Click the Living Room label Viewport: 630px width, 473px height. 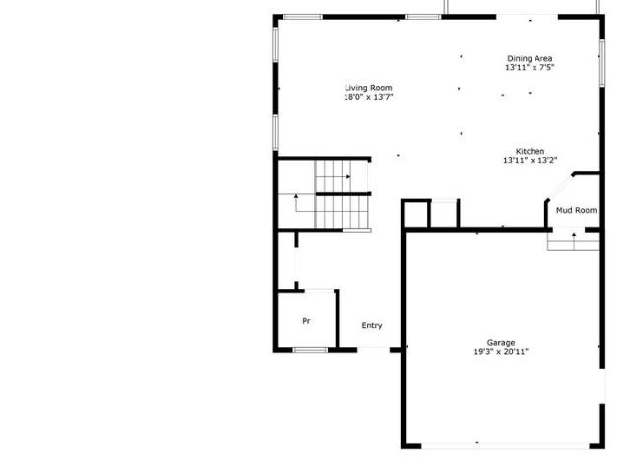pos(368,88)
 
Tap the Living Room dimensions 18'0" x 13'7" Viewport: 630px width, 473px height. pos(368,97)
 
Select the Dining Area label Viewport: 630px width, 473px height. pos(530,59)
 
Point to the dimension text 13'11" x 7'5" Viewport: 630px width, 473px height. pos(530,68)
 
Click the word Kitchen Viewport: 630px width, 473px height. pos(530,151)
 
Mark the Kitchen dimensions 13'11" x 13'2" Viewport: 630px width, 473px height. pos(530,160)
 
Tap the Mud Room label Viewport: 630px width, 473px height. pos(576,210)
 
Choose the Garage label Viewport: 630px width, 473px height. pos(501,343)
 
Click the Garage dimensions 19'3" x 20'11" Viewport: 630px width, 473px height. pos(501,352)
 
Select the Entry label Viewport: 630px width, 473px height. pos(372,326)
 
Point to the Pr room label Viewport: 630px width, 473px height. pos(306,321)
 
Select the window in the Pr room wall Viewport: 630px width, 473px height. pos(310,350)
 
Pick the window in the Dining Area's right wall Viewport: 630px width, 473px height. pos(601,62)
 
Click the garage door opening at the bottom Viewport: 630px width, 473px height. pos(505,445)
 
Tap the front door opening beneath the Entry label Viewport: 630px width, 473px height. pos(374,350)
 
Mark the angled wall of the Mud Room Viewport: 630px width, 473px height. pos(559,187)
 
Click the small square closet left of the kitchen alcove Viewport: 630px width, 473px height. pos(416,215)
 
